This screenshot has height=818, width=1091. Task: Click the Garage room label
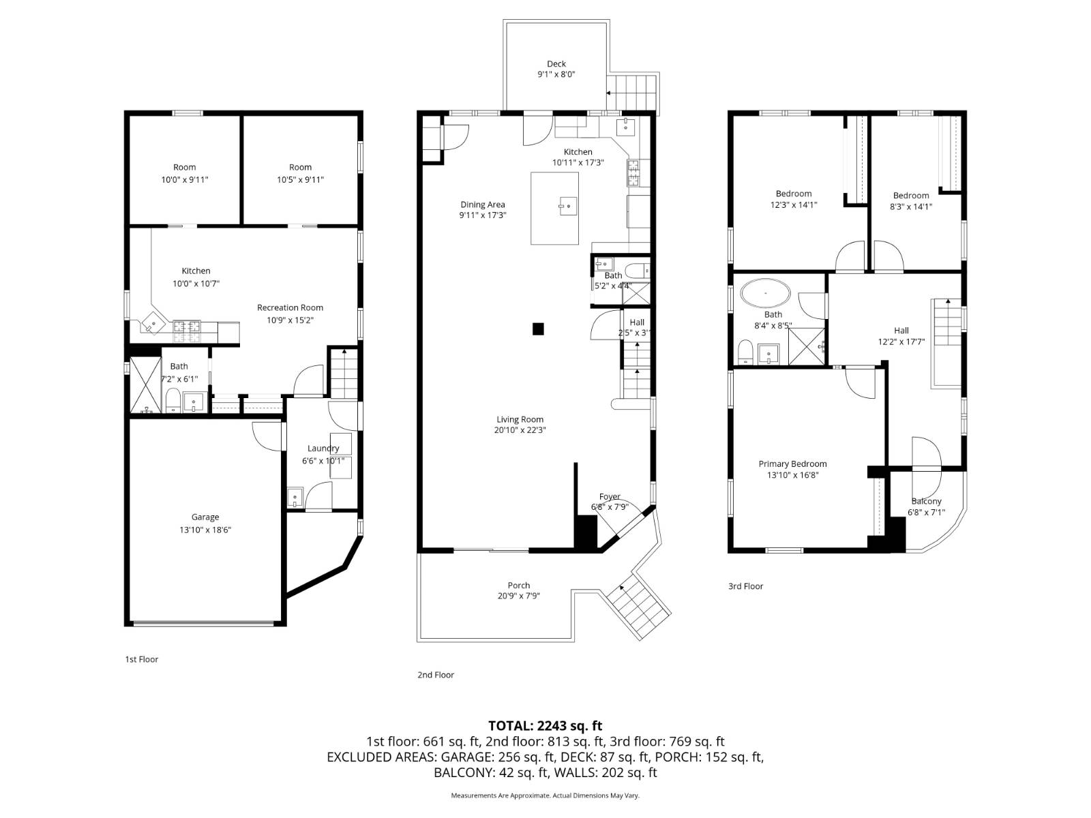point(205,517)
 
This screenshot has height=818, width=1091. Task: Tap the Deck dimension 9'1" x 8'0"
point(556,75)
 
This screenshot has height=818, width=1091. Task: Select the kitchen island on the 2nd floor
point(554,208)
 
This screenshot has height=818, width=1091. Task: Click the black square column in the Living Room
point(538,329)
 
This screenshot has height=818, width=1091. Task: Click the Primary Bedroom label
point(792,464)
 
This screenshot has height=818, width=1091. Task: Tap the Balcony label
point(925,501)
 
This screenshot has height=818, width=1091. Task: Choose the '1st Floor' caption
point(141,659)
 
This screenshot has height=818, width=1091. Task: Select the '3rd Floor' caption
point(745,586)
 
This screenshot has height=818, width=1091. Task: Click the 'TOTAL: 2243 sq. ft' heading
point(545,726)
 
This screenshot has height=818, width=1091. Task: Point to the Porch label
point(518,586)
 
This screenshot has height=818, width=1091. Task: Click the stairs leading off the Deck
point(631,87)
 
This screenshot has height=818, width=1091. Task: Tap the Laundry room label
point(323,449)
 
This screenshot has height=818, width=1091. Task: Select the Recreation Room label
point(290,307)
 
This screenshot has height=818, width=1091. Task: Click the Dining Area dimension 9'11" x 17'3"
point(482,215)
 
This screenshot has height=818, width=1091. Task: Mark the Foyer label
point(610,497)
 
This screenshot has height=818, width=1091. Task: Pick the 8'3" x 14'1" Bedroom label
point(911,196)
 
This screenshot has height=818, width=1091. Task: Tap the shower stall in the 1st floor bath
point(145,384)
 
